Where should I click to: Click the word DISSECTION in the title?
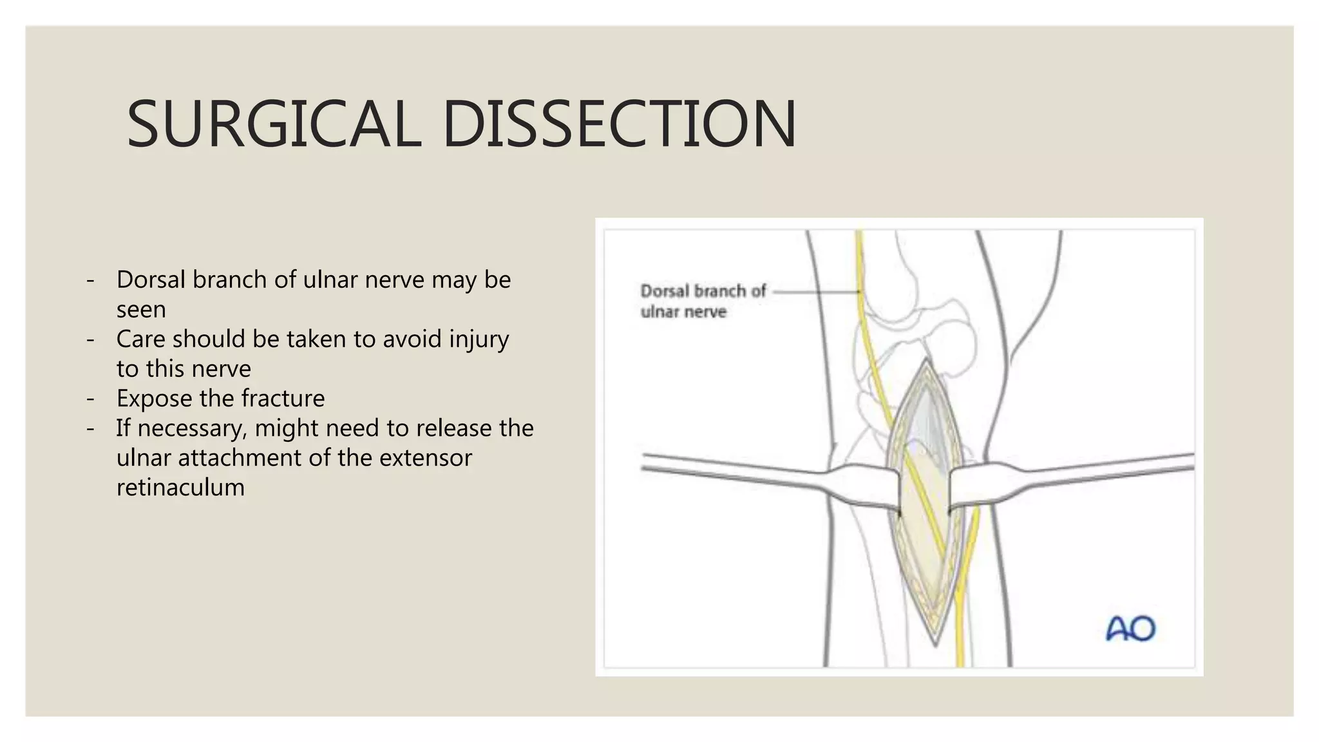(x=619, y=124)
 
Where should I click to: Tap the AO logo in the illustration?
(x=1130, y=629)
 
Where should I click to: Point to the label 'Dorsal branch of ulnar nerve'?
(x=703, y=301)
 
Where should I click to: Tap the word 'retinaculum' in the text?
(x=180, y=487)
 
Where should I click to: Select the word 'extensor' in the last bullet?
(x=425, y=457)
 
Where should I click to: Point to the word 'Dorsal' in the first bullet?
(x=151, y=280)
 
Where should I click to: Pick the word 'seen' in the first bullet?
(x=141, y=309)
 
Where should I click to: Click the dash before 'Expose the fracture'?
(x=91, y=399)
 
